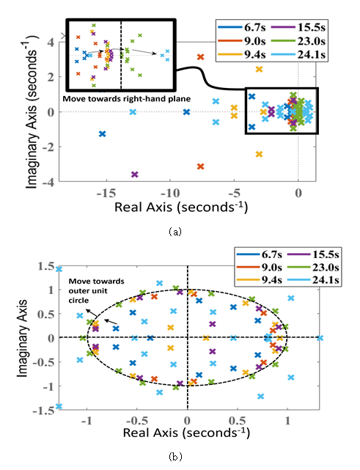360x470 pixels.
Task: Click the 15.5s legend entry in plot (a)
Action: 298,27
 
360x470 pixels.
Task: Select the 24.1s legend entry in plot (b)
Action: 313,280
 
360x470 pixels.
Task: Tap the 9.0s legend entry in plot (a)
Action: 242,41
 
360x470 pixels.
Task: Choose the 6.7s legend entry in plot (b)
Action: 260,254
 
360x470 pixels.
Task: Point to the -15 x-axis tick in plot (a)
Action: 106,194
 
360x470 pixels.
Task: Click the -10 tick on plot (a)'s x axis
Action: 170,194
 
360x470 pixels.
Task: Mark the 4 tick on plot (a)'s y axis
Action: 51,42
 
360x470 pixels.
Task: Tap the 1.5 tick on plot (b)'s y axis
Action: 46,266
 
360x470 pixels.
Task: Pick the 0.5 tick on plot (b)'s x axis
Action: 238,421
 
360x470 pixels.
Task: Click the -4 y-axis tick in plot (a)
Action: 48,181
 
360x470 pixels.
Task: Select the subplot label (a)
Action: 175,232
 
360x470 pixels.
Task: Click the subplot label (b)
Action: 175,457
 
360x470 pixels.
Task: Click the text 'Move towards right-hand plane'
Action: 126,98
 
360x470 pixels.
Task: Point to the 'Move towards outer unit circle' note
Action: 96,291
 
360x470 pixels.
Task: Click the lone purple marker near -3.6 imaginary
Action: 135,175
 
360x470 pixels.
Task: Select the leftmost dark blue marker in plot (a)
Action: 103,134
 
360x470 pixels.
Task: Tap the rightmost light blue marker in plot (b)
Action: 320,338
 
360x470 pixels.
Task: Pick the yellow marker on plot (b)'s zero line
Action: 205,338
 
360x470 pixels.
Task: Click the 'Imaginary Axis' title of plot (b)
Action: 22,338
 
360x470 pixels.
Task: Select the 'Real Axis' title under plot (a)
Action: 181,207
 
